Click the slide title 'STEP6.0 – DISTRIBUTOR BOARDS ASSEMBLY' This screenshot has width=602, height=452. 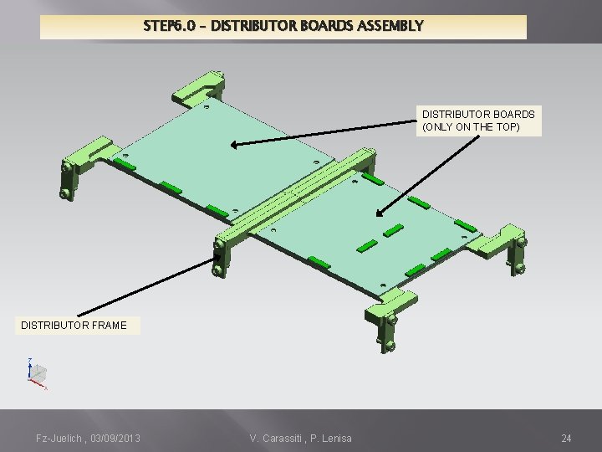coord(283,26)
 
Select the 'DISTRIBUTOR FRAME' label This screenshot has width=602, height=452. coord(74,325)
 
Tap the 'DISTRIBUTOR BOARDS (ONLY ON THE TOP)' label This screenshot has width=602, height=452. coord(478,120)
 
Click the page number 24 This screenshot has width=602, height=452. coord(566,439)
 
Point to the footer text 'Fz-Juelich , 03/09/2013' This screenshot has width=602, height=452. coord(88,439)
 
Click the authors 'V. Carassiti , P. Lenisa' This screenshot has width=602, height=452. coord(300,439)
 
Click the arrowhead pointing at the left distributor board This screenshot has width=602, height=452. coord(235,144)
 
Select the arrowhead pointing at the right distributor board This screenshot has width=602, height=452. coord(380,216)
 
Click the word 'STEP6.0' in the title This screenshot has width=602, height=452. coord(171,26)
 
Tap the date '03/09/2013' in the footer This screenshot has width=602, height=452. coord(111,439)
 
